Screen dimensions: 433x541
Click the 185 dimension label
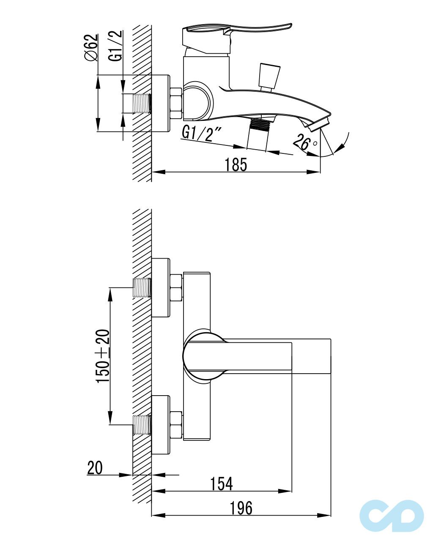236,165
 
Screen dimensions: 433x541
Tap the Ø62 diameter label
91,47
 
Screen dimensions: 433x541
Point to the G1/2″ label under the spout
201,134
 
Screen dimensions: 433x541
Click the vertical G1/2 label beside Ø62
115,46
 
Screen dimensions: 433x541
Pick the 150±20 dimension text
103,356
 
